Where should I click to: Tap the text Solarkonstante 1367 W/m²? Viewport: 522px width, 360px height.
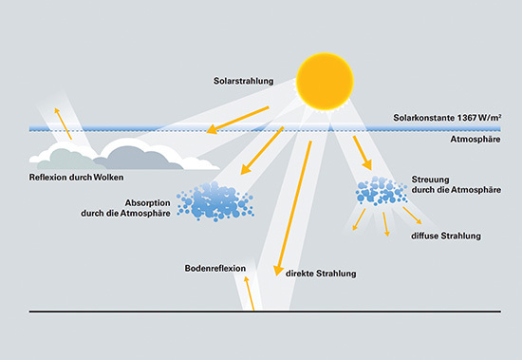(447, 120)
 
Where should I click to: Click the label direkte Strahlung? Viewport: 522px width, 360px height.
(321, 274)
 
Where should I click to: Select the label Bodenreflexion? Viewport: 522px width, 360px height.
(215, 269)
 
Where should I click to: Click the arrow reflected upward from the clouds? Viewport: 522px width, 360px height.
(62, 122)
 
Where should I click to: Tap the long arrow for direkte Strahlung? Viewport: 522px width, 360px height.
(292, 204)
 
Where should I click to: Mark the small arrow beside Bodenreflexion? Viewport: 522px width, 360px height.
(250, 292)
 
